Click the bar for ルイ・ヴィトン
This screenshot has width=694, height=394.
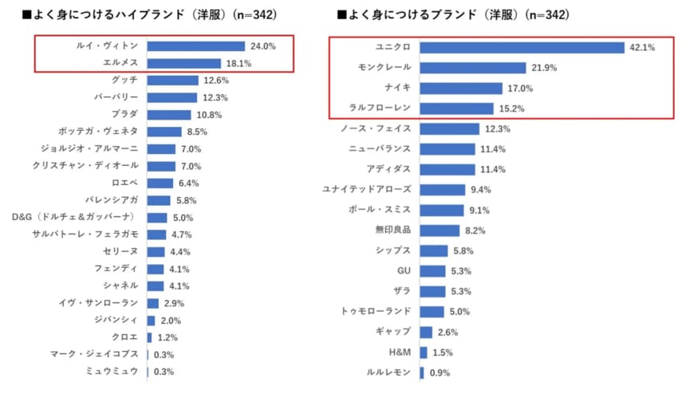(x=195, y=46)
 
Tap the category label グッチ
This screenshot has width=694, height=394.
(x=125, y=80)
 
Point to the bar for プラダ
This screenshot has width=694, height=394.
(x=169, y=114)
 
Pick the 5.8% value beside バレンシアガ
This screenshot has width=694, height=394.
(x=187, y=201)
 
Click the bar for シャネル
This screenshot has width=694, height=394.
(x=156, y=286)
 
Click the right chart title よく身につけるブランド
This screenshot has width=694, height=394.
(x=455, y=14)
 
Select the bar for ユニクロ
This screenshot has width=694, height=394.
(x=522, y=48)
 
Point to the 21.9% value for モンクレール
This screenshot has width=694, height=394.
(x=543, y=69)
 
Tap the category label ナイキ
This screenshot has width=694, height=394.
(x=396, y=88)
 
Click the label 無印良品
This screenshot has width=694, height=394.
(x=393, y=230)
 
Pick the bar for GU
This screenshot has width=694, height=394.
(x=432, y=270)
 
